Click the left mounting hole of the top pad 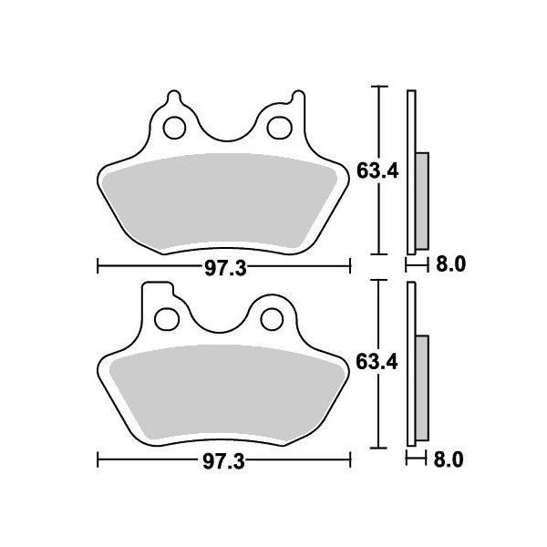(x=174, y=128)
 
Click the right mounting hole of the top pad (x=280, y=128)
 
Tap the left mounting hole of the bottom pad (x=167, y=319)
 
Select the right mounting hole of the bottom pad (x=272, y=319)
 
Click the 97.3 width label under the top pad (x=225, y=268)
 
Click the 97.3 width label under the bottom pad (x=224, y=461)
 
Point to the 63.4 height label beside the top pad (x=377, y=171)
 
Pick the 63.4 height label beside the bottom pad (x=377, y=362)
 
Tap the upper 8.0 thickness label (x=450, y=264)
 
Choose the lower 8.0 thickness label (x=449, y=459)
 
